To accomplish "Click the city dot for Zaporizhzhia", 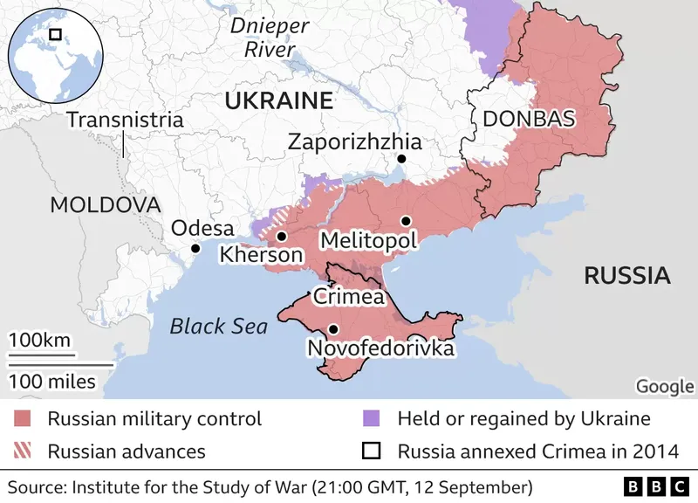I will point(401,159).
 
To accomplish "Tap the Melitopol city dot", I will point(405,221).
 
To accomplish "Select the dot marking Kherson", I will point(281,236).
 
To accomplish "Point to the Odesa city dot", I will point(195,248).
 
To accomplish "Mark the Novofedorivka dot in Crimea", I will point(333,329).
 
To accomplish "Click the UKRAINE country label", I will point(279,100).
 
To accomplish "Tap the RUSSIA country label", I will point(626,276).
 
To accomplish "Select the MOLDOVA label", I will point(106,205).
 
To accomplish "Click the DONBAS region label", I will point(529,118).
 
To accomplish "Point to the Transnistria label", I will point(125,120).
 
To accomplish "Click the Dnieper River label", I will point(270,38).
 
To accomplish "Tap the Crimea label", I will point(349,296).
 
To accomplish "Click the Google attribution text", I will point(665,386).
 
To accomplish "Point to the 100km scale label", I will point(40,340).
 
